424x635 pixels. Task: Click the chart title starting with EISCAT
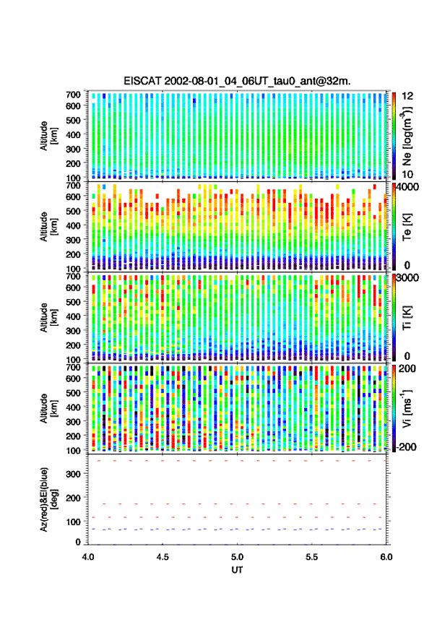(237, 81)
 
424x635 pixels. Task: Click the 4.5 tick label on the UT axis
(163, 557)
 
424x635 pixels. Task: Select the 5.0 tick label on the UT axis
(237, 557)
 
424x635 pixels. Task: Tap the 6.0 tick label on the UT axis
(386, 557)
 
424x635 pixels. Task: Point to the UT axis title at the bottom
(237, 570)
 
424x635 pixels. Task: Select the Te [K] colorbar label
(407, 227)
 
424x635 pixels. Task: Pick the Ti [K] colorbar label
(407, 318)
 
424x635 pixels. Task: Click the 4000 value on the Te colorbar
(408, 188)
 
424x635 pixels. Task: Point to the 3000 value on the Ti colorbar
(408, 278)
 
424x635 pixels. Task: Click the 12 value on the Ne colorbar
(407, 95)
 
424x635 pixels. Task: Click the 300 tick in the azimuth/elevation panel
(73, 473)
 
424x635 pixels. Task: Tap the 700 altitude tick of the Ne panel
(73, 95)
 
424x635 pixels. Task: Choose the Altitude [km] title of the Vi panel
(48, 408)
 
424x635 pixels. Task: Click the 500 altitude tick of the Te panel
(73, 211)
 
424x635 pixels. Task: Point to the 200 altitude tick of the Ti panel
(73, 345)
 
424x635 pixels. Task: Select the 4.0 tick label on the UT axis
(88, 557)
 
